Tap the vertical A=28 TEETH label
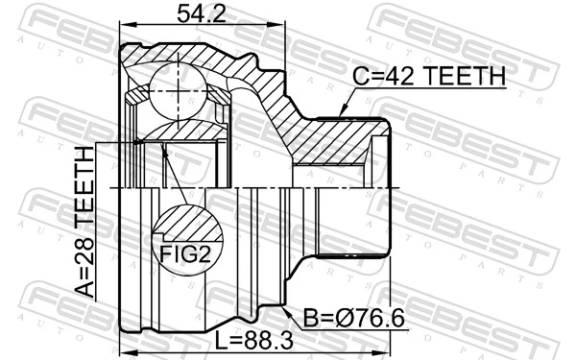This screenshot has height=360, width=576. pos(87,222)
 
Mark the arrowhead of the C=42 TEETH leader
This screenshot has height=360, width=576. pos(343,115)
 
